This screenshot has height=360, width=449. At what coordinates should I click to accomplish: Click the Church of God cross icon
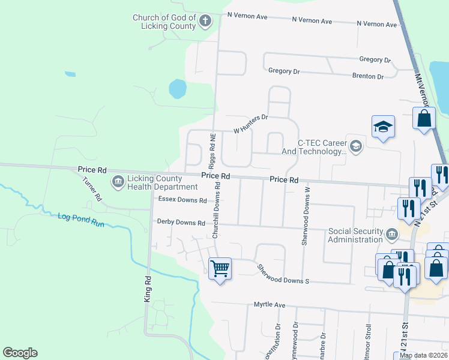click(205, 22)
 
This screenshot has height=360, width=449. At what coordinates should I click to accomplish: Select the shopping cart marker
click(220, 269)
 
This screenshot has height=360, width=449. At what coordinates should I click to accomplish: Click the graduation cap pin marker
click(383, 127)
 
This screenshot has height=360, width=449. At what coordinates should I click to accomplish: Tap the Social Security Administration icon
click(391, 233)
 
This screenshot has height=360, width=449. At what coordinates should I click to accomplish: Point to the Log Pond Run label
click(81, 217)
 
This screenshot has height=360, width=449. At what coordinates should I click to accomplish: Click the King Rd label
click(146, 288)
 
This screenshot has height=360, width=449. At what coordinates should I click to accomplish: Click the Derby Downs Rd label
click(181, 222)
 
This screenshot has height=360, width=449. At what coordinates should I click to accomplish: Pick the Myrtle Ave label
click(269, 305)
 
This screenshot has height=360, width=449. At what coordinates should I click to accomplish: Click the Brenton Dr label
click(368, 76)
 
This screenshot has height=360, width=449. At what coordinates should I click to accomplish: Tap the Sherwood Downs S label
click(283, 274)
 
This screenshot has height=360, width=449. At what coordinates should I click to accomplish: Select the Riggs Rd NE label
click(212, 151)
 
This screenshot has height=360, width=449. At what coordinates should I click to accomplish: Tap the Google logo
click(20, 353)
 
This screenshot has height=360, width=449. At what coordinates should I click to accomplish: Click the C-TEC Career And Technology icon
click(356, 145)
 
